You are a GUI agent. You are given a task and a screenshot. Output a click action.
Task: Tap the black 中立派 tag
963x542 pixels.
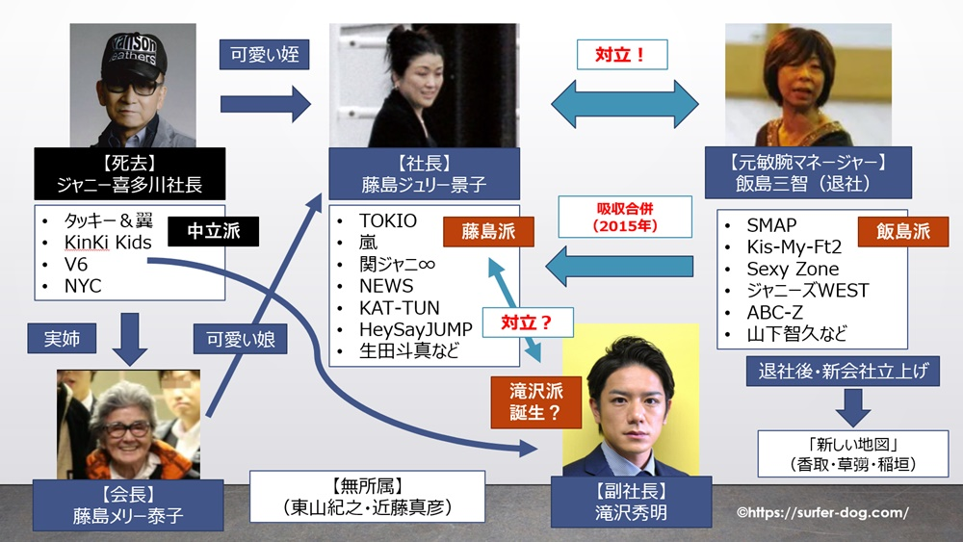click(207, 233)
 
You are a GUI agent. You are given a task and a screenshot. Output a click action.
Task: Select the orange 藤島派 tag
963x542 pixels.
click(488, 231)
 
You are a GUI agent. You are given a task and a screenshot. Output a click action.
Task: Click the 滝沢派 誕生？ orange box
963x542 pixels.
click(520, 401)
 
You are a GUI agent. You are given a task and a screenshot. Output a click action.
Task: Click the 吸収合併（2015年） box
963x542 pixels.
click(625, 216)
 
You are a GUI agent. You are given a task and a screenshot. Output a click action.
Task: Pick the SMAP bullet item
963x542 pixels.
click(771, 225)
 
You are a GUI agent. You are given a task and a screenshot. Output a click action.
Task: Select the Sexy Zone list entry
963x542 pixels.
click(793, 269)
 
